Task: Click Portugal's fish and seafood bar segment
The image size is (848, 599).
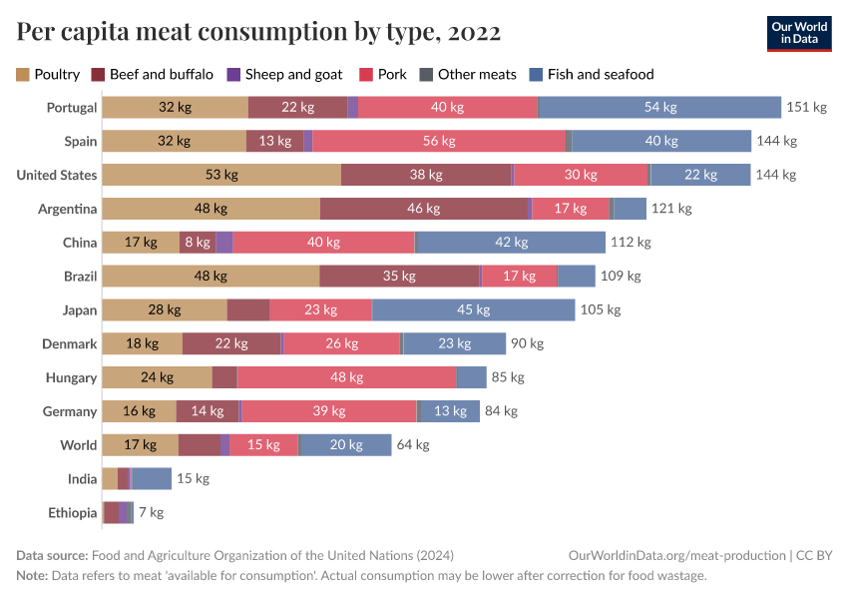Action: click(659, 108)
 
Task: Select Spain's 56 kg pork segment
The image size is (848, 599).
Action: click(439, 142)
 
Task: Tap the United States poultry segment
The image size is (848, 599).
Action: click(221, 176)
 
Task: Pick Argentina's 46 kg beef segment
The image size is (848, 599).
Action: click(424, 210)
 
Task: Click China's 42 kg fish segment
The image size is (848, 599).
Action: click(510, 243)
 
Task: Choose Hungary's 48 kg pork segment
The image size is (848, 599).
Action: click(346, 377)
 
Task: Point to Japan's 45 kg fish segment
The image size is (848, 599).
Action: click(473, 310)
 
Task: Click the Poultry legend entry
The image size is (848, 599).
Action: click(48, 74)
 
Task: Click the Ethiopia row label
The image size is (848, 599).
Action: click(73, 513)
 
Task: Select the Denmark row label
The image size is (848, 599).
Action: click(70, 344)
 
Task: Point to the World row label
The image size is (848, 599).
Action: click(78, 445)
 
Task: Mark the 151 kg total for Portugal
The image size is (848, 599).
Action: click(806, 108)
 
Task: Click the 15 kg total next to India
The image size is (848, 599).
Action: click(193, 479)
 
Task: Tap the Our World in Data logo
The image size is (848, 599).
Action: click(799, 33)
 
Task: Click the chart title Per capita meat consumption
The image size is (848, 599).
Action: click(258, 33)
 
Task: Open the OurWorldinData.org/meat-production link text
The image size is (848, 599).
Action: click(675, 555)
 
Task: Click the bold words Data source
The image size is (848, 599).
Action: click(52, 555)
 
